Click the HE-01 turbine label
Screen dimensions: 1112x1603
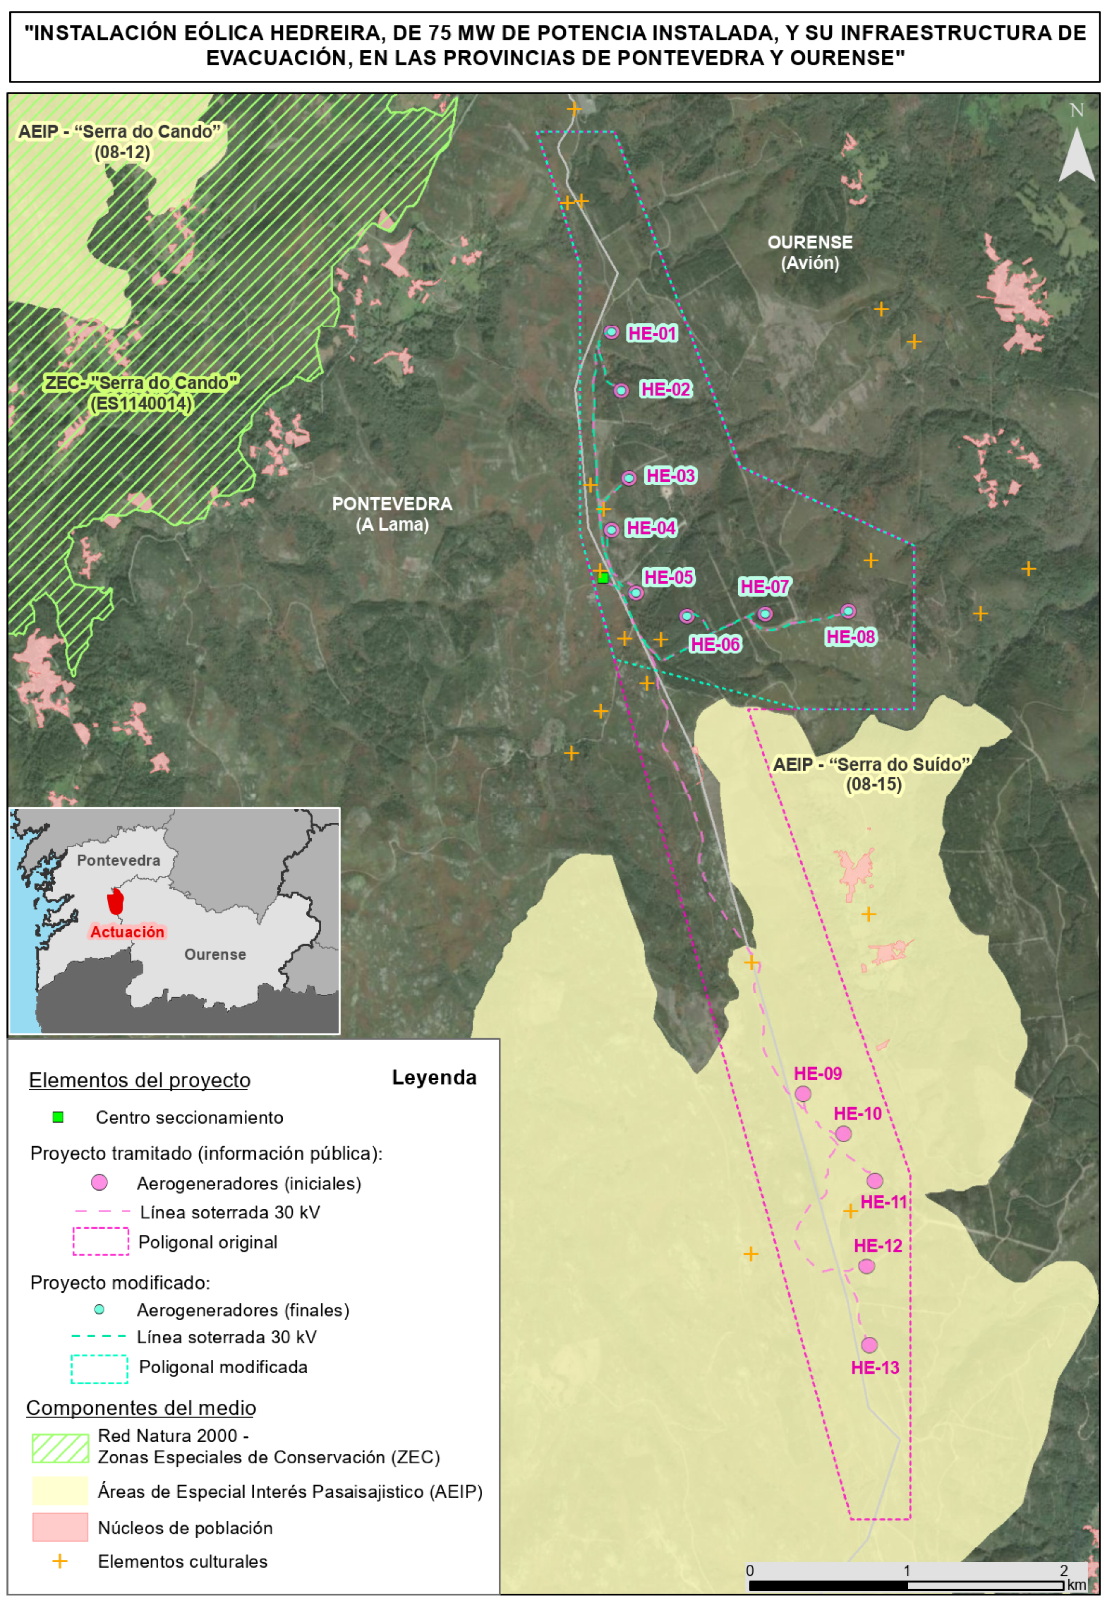pos(652,333)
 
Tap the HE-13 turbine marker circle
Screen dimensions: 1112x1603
pos(869,1344)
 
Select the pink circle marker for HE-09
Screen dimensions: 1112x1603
pos(803,1094)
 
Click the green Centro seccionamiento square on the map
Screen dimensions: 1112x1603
pos(603,577)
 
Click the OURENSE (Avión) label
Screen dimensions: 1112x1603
pos(809,252)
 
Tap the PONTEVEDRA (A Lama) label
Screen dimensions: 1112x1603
pos(391,513)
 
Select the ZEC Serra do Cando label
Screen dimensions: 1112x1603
pos(141,393)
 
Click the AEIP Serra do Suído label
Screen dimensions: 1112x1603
pos(872,774)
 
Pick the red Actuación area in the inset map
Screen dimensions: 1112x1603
pos(115,901)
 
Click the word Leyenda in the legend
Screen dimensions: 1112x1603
pos(434,1078)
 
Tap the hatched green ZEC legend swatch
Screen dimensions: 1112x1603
pos(60,1448)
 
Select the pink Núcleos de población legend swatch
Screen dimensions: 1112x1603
pos(60,1527)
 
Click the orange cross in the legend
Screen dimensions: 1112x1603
pos(60,1561)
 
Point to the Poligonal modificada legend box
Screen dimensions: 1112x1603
pos(99,1368)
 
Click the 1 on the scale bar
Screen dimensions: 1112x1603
pos(906,1570)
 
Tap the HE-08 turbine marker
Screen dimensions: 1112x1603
pos(848,611)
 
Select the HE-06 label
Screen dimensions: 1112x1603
pos(715,644)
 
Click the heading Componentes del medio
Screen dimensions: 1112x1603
pos(141,1408)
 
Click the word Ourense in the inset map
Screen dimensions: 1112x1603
pos(215,955)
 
